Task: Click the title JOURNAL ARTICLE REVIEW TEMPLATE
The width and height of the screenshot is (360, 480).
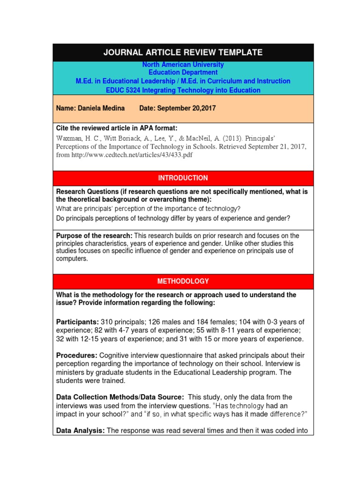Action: click(x=183, y=52)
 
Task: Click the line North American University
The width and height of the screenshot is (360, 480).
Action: click(x=183, y=65)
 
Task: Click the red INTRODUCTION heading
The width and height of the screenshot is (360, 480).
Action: click(x=183, y=178)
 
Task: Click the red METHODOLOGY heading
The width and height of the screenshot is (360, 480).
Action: click(x=183, y=281)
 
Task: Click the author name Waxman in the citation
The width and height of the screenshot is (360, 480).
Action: click(x=69, y=138)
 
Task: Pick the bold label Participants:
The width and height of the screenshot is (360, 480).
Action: click(x=77, y=322)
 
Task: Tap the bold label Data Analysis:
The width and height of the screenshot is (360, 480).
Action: click(x=80, y=431)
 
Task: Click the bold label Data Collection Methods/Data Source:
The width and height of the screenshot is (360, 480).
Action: click(x=119, y=397)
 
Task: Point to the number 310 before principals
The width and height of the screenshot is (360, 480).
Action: click(x=107, y=322)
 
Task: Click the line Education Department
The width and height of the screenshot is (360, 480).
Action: click(x=183, y=73)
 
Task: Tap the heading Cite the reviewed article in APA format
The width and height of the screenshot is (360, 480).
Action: click(x=117, y=128)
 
